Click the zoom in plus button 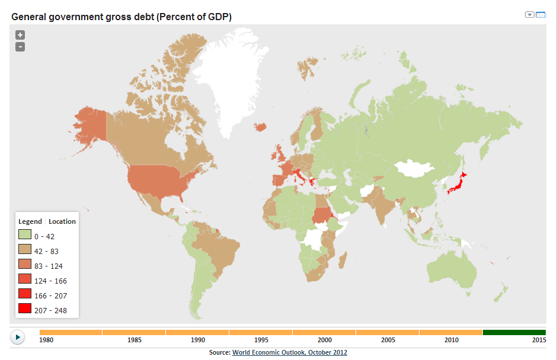[20, 35]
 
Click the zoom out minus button [20, 46]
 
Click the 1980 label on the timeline [46, 340]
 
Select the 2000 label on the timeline [324, 340]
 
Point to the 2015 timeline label [538, 340]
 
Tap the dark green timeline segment [514, 332]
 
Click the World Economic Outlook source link [289, 352]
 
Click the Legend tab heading [30, 221]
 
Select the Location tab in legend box [62, 221]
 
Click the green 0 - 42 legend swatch [24, 236]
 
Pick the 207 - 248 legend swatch [24, 308]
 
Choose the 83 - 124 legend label [49, 266]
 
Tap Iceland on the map [260, 127]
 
